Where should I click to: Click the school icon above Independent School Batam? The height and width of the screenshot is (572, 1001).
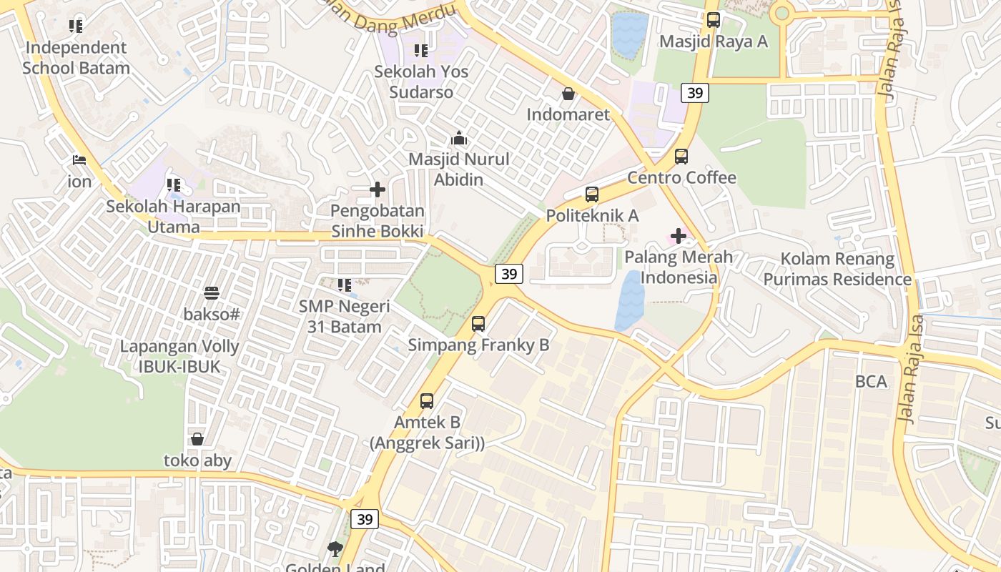point(76,26)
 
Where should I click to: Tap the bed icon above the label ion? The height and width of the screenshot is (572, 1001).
point(79,160)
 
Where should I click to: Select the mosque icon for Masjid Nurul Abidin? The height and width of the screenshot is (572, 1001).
point(459,137)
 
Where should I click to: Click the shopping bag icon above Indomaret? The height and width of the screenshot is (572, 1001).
point(568,94)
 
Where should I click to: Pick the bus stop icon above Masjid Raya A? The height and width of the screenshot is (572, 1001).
point(713,20)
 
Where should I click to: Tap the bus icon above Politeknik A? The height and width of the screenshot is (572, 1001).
point(592,194)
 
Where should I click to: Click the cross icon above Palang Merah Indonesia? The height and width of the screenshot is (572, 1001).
point(678,235)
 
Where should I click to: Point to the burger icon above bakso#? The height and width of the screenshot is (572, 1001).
point(211,292)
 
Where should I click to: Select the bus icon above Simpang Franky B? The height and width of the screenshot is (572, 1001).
point(478,324)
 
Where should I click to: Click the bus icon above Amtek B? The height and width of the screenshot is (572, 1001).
point(427,401)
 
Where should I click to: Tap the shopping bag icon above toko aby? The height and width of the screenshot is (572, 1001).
point(197,439)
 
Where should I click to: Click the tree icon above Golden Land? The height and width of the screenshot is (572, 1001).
point(335,548)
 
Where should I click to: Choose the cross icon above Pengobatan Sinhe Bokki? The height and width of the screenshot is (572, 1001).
point(378,189)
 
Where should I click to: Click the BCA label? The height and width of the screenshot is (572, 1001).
point(871,381)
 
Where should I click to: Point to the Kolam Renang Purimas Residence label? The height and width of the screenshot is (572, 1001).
point(837,269)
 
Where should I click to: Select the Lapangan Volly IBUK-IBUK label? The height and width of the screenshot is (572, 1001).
point(179,356)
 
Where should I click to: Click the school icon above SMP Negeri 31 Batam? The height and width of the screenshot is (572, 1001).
point(345,285)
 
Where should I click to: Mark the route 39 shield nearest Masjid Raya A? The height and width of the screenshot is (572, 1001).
point(694,92)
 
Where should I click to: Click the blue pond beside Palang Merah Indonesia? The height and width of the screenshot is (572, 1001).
point(630,300)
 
